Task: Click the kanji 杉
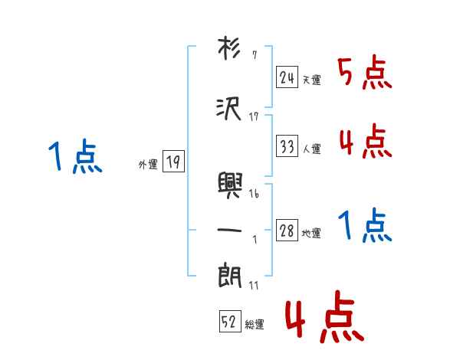[230, 49]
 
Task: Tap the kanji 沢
[230, 108]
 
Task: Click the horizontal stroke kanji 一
[230, 229]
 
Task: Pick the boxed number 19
[173, 162]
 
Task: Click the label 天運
[311, 80]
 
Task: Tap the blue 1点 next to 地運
[365, 227]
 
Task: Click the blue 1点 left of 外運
[75, 158]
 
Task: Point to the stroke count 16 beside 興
[254, 195]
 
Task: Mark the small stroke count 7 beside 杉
[254, 55]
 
